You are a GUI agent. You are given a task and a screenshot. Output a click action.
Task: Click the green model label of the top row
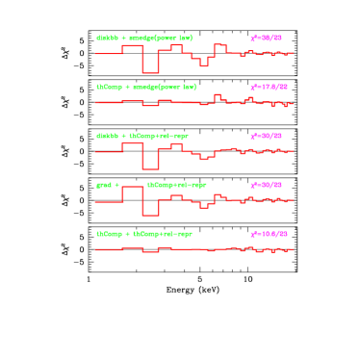pos(144,39)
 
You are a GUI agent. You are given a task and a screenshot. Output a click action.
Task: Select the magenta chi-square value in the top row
pos(266,39)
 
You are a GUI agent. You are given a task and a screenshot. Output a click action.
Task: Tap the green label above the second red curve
pos(146,87)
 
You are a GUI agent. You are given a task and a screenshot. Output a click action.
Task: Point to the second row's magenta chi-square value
pos(269,88)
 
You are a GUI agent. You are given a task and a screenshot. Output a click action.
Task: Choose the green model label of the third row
pos(142,136)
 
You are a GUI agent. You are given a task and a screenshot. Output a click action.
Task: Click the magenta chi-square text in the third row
pos(266,136)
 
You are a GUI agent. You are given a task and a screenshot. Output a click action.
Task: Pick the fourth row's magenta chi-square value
pos(266,185)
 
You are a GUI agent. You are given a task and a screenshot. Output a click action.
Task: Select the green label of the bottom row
pos(144,234)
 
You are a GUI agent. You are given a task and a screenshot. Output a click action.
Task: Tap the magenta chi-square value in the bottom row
pos(269,234)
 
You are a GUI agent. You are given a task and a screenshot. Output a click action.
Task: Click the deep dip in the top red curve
pos(150,72)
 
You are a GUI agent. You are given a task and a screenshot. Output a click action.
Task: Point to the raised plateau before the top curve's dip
pos(132,46)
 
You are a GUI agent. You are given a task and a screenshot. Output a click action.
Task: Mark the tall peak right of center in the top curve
pos(219,45)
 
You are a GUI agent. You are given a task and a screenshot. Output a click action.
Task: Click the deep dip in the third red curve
pos(150,167)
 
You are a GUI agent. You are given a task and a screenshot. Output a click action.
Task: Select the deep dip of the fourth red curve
pos(150,215)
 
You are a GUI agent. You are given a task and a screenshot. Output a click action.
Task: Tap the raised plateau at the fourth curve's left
pos(132,188)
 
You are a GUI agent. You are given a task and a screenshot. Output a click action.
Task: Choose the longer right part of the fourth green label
pos(177,185)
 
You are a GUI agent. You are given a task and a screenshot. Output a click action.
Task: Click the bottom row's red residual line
pos(193,249)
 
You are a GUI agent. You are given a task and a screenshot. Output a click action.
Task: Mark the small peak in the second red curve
pos(218,95)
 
